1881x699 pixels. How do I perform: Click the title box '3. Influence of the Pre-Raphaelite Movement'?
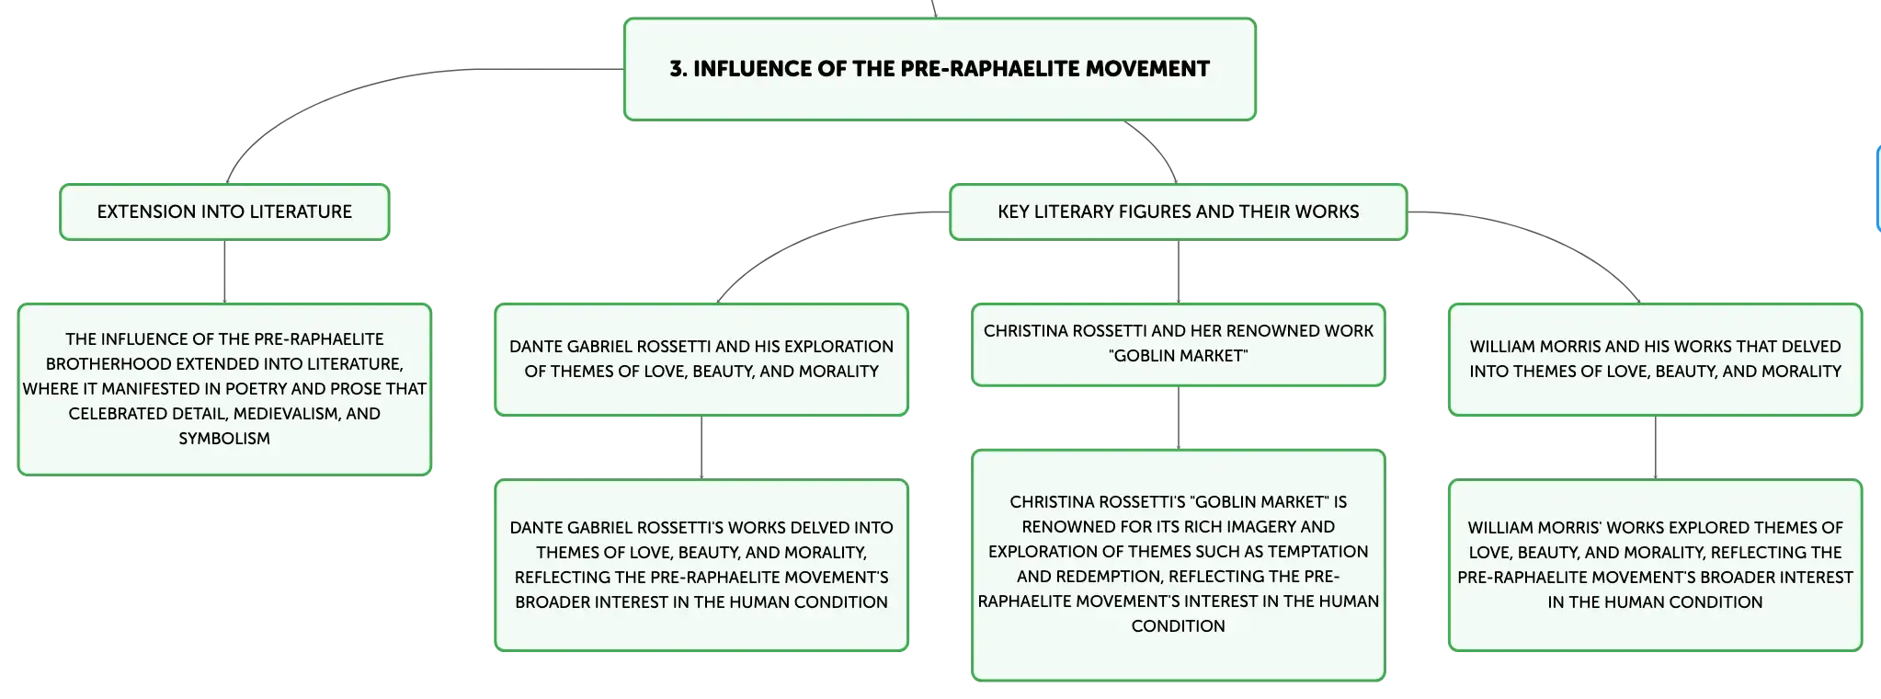coord(940,69)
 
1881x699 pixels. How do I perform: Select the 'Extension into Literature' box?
coord(224,212)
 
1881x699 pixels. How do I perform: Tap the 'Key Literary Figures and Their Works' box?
coord(1178,212)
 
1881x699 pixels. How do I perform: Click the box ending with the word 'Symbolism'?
coord(224,389)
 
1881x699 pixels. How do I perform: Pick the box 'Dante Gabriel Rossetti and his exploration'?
coord(701,360)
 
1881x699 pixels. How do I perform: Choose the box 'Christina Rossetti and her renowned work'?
coord(1178,344)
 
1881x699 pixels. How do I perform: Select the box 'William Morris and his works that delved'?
coord(1655,360)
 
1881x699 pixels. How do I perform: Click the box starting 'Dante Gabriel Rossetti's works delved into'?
coord(701,565)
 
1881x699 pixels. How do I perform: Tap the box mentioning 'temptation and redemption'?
coord(1178,565)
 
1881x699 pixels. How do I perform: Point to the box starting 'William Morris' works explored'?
coord(1655,565)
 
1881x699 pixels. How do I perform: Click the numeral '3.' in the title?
coord(678,69)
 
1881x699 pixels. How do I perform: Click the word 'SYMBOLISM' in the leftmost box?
coord(224,439)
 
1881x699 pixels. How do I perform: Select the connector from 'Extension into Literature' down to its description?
coord(224,272)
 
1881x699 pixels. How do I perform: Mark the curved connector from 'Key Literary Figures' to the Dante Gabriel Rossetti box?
coord(809,238)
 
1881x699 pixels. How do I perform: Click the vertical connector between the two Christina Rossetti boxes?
coord(1178,418)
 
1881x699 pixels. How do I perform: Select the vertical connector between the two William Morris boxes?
coord(1655,448)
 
